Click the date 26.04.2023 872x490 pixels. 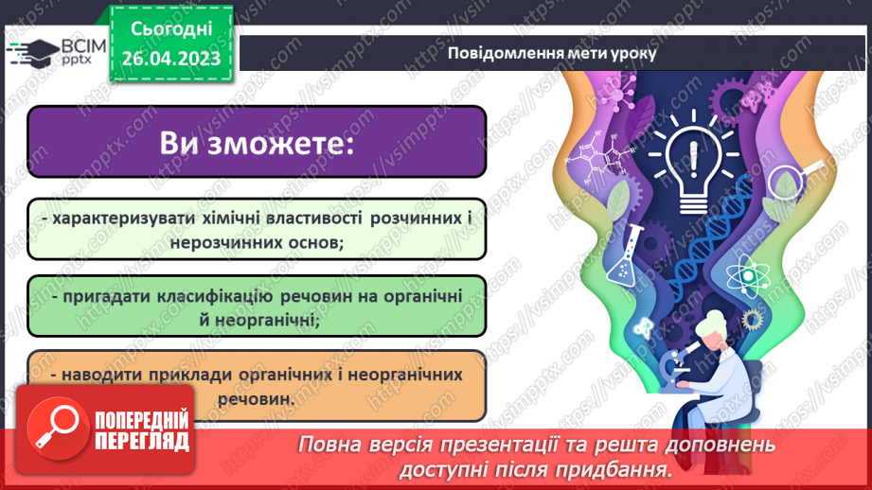click(170, 58)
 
